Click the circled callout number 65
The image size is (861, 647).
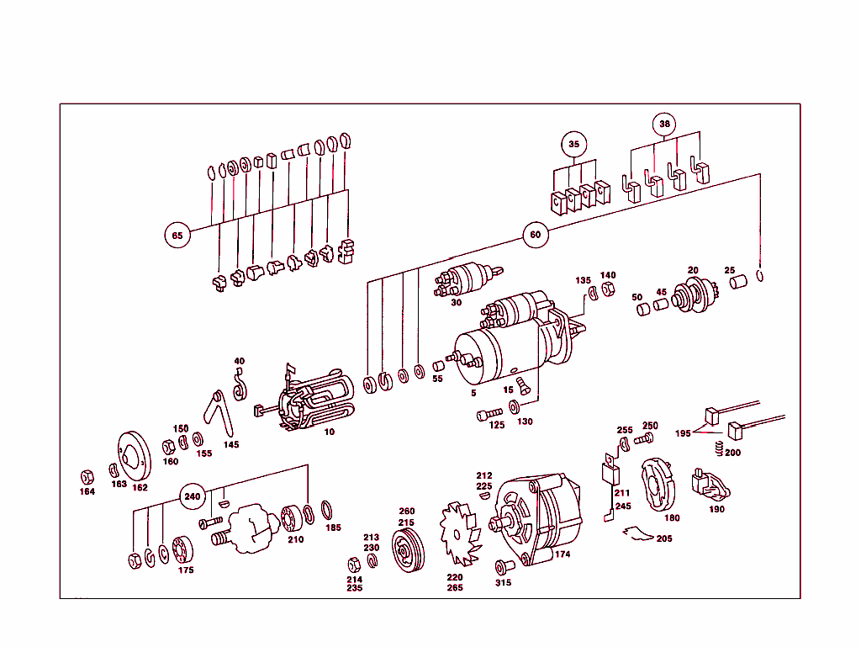[177, 236]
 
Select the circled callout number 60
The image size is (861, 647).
[536, 236]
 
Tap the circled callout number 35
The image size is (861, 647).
[573, 144]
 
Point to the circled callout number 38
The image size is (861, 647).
[665, 125]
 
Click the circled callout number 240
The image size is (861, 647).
[193, 497]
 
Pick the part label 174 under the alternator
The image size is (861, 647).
[563, 554]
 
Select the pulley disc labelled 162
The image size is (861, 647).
[129, 455]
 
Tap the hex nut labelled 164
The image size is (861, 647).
[86, 475]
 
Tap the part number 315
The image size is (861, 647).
[503, 582]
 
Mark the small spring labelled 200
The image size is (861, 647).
[718, 448]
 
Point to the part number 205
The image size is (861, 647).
[664, 538]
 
